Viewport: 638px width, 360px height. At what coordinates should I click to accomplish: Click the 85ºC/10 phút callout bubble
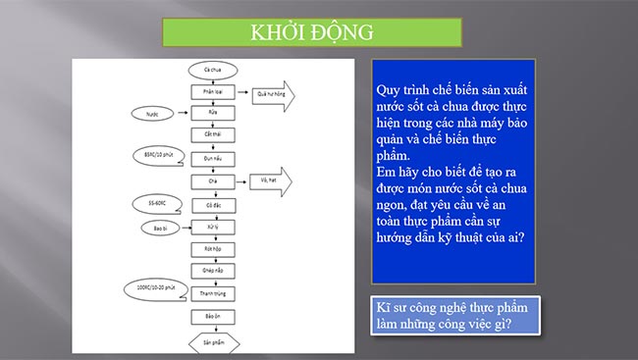(x=154, y=155)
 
